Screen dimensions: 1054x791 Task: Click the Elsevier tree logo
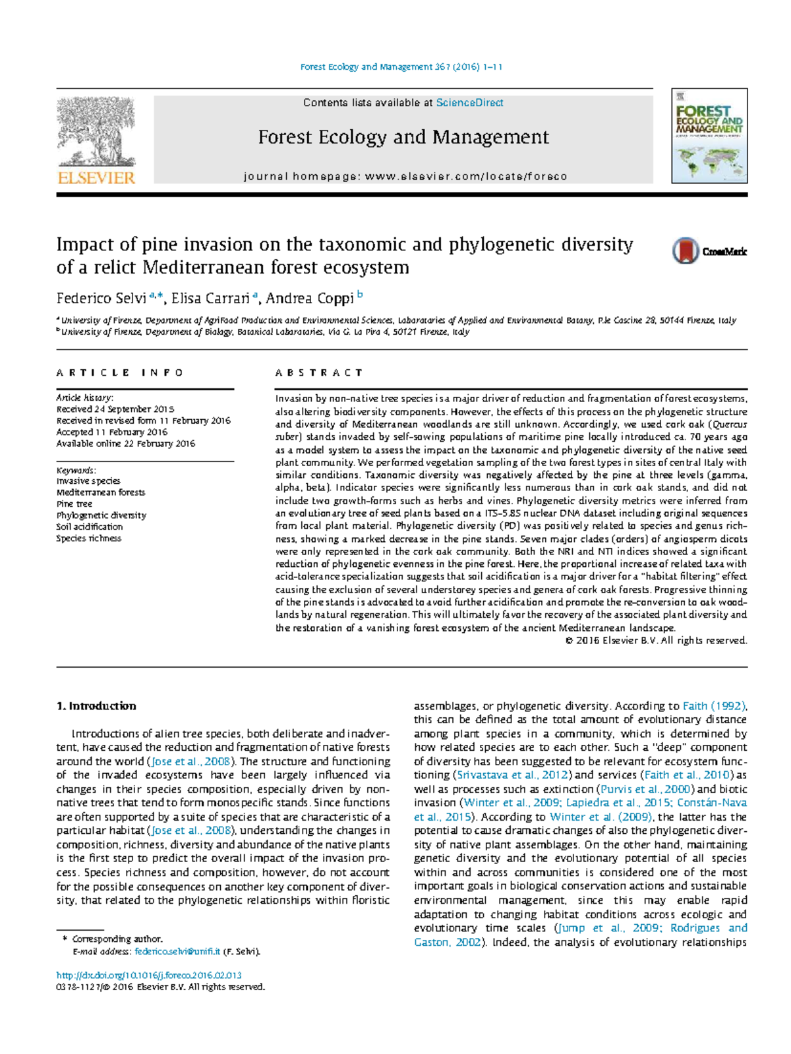[96, 132]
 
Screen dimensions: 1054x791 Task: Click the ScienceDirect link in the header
[469, 103]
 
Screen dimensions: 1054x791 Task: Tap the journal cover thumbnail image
[709, 136]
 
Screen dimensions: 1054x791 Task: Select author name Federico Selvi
[101, 299]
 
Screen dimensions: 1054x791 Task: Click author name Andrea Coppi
[309, 299]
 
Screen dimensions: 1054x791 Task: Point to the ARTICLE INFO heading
[120, 372]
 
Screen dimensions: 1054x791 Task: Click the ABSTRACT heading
[319, 372]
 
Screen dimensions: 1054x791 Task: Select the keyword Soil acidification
[90, 527]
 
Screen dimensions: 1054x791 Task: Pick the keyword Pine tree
[74, 504]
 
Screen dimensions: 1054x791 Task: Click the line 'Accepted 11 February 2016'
[112, 432]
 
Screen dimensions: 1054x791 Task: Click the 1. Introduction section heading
[96, 706]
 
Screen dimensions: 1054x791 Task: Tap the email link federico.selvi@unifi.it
[177, 952]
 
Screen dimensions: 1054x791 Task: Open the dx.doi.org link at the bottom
[149, 975]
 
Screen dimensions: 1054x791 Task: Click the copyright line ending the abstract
[656, 641]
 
